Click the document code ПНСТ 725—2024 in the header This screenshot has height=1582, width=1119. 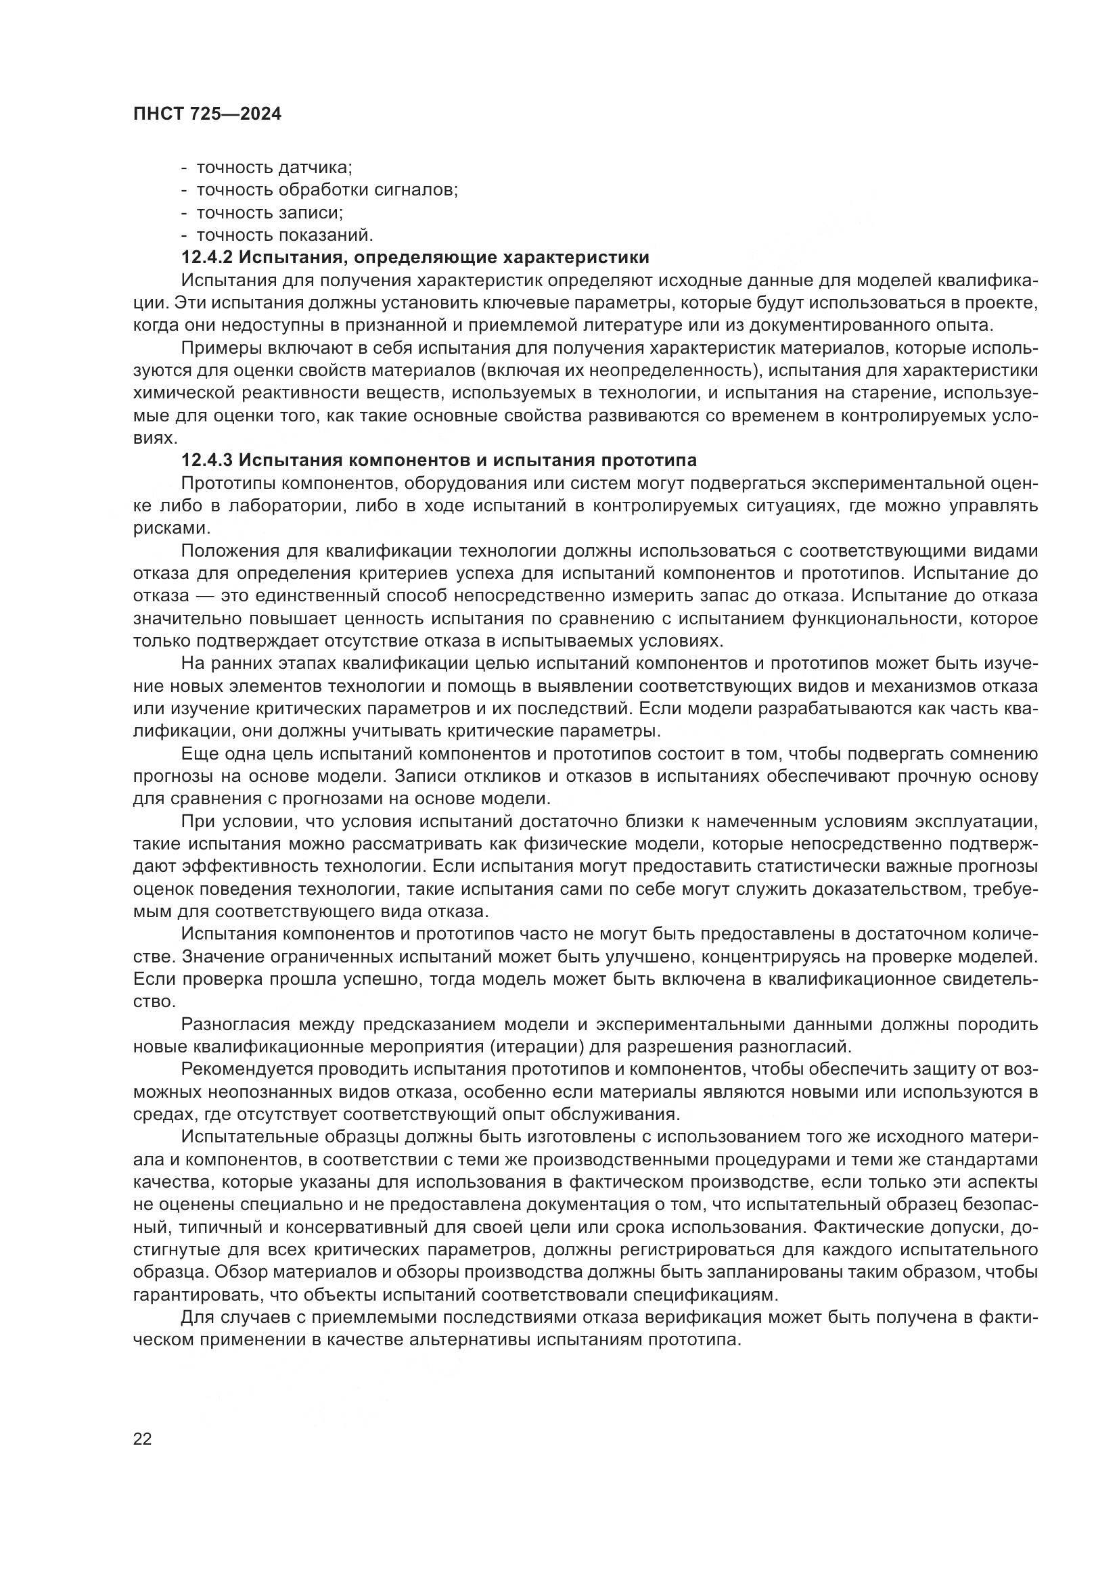207,114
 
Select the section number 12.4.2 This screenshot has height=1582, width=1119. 208,258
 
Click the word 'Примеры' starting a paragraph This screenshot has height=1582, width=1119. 215,348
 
